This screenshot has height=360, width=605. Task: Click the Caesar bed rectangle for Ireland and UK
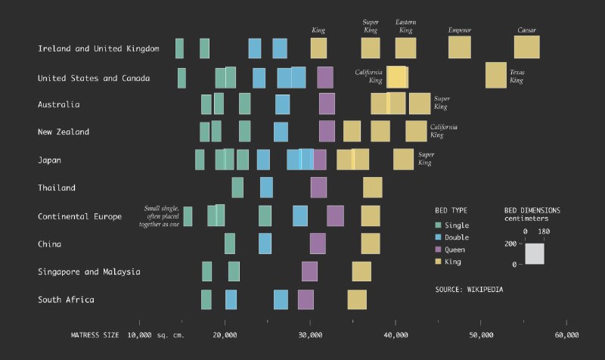tap(526, 47)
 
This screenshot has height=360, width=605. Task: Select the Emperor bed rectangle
tap(460, 47)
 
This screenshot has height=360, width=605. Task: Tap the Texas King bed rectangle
tap(495, 76)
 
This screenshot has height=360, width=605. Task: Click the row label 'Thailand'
tap(57, 188)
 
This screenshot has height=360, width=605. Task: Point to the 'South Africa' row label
tap(66, 299)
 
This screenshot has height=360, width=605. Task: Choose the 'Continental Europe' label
tap(79, 216)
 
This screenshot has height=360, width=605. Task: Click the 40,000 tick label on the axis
tap(396, 334)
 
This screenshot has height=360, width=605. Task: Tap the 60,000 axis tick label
tap(566, 334)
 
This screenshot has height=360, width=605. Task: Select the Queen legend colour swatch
tap(438, 250)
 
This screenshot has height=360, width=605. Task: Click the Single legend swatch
tap(438, 225)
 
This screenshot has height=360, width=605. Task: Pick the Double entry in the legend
tap(458, 237)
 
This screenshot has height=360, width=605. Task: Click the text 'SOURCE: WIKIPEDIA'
tap(469, 289)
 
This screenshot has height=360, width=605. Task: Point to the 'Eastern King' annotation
tap(405, 26)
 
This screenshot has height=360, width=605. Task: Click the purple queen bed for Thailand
tap(318, 188)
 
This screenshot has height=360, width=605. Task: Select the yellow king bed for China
tap(371, 244)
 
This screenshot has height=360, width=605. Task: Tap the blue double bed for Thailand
tap(266, 188)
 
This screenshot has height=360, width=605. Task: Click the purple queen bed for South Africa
tap(306, 299)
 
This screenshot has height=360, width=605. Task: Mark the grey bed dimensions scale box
tap(535, 254)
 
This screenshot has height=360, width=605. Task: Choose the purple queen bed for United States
tap(324, 77)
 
